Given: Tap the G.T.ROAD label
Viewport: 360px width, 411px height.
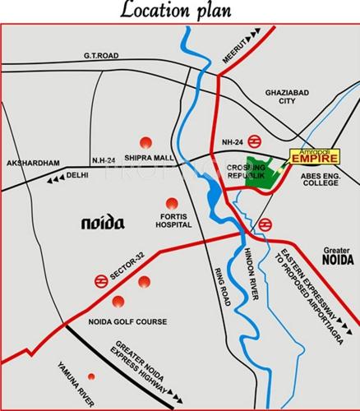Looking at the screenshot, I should coord(103,57).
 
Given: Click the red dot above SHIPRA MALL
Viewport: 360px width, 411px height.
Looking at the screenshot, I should coord(145,141).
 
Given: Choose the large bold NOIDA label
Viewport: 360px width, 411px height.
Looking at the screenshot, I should coord(103,223).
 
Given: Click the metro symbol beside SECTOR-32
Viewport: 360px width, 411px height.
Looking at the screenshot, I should coord(99,279).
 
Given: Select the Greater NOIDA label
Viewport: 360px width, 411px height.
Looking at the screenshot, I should coord(333,255).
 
